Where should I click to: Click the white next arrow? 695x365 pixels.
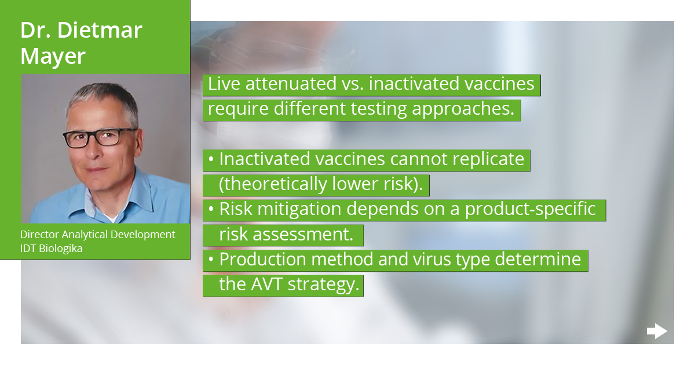[657, 331]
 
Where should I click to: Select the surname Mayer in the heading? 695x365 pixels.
[53, 56]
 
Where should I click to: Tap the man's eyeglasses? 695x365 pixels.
[100, 138]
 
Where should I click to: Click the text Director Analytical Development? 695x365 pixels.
[97, 235]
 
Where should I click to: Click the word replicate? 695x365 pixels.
[484, 159]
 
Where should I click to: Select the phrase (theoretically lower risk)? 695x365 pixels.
[320, 184]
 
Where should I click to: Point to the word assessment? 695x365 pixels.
[306, 235]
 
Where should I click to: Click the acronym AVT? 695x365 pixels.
[272, 284]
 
